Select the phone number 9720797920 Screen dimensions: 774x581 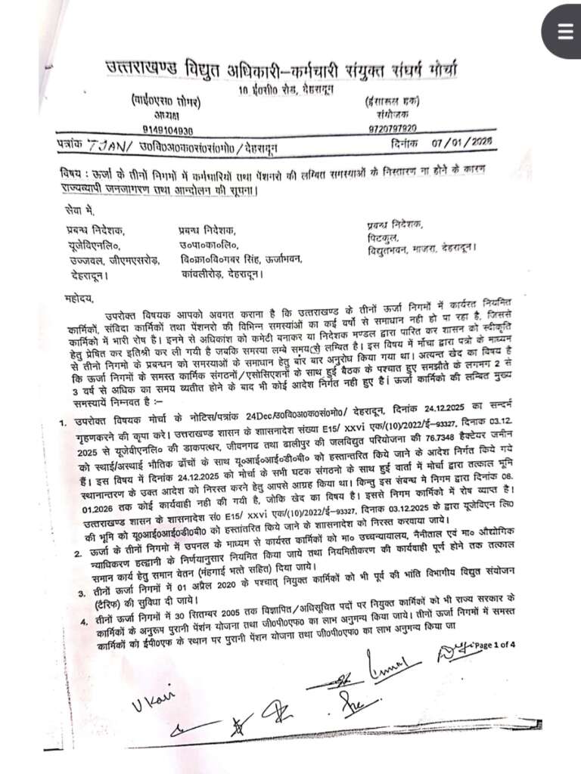point(393,128)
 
